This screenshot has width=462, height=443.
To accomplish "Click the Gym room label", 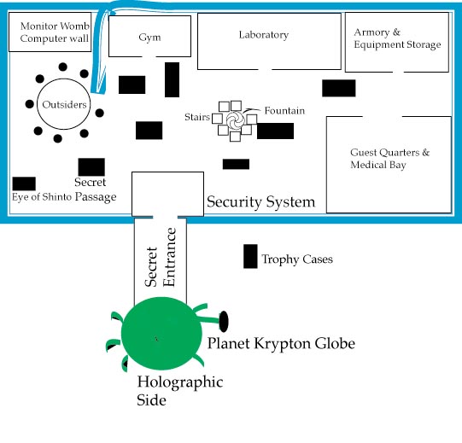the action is tap(149, 38).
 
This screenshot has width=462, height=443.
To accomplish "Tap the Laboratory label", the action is tap(264, 35).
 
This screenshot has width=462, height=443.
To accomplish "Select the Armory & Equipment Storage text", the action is tap(397, 38).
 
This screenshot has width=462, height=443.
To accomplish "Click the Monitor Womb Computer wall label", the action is tap(55, 32).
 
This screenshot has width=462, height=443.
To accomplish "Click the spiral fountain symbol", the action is tap(235, 119).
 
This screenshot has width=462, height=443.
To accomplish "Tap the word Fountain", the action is tap(284, 111).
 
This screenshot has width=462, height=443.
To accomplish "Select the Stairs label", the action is tap(197, 117).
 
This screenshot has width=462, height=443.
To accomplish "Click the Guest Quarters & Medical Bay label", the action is tap(389, 159).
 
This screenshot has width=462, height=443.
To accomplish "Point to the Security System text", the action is tap(260, 202).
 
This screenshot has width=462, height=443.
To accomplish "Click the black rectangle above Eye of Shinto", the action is tap(24, 184).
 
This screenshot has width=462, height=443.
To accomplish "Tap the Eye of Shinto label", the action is tap(42, 197).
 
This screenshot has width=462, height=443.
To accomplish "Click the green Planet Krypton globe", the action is tap(161, 334).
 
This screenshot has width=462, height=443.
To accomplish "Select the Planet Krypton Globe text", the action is tap(281, 344).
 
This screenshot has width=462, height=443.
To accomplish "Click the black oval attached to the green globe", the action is tap(224, 321).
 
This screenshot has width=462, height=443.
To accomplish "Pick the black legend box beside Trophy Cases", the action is tap(250, 256).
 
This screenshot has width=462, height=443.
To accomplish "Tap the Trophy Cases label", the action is tap(297, 259).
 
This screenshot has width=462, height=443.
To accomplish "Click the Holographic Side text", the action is tap(179, 391).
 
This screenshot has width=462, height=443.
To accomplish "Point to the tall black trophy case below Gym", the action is tap(172, 79).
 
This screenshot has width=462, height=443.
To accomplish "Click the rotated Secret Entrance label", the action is tap(161, 257).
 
